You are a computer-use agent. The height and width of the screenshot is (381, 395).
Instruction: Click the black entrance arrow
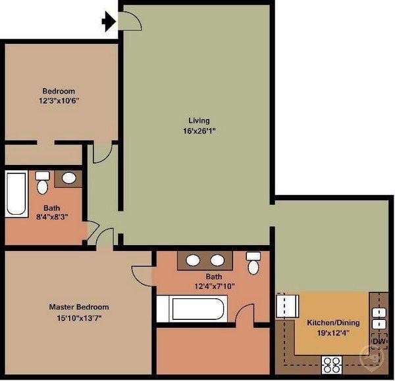click(x=109, y=22)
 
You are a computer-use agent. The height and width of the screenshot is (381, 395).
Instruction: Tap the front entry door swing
click(x=130, y=21)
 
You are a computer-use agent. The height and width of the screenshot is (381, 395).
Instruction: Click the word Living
click(x=199, y=121)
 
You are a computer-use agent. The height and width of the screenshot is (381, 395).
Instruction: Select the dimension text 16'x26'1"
click(x=199, y=131)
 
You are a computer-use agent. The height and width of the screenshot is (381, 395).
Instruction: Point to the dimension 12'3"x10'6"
click(x=59, y=101)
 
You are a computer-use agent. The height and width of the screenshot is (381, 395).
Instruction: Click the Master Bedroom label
click(x=79, y=307)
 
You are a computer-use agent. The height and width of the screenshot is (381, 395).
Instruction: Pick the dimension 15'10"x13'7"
click(x=79, y=318)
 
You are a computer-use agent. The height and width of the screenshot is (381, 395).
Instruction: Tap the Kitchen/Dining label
click(x=333, y=323)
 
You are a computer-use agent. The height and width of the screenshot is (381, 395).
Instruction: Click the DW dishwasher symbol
click(x=379, y=342)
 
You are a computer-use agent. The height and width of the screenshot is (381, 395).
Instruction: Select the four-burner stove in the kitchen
click(x=332, y=365)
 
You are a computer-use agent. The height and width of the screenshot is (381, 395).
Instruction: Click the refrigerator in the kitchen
click(x=288, y=306)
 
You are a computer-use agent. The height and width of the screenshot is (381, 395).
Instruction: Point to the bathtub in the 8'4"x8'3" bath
click(x=16, y=194)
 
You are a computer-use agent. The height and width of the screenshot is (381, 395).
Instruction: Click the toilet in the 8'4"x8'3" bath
click(x=42, y=183)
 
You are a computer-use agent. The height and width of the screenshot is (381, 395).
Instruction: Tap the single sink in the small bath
click(x=68, y=178)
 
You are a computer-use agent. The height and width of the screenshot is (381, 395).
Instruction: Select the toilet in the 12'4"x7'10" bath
click(x=253, y=263)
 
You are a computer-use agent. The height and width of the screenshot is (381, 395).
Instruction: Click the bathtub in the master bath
click(x=192, y=309)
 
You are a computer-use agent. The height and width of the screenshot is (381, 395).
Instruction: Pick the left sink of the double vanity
click(x=193, y=260)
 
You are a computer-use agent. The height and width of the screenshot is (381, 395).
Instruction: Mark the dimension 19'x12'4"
click(x=333, y=333)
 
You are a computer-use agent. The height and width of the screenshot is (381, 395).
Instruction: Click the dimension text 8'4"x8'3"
click(x=52, y=217)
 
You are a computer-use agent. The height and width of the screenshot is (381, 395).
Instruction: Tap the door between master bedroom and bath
click(x=142, y=277)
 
